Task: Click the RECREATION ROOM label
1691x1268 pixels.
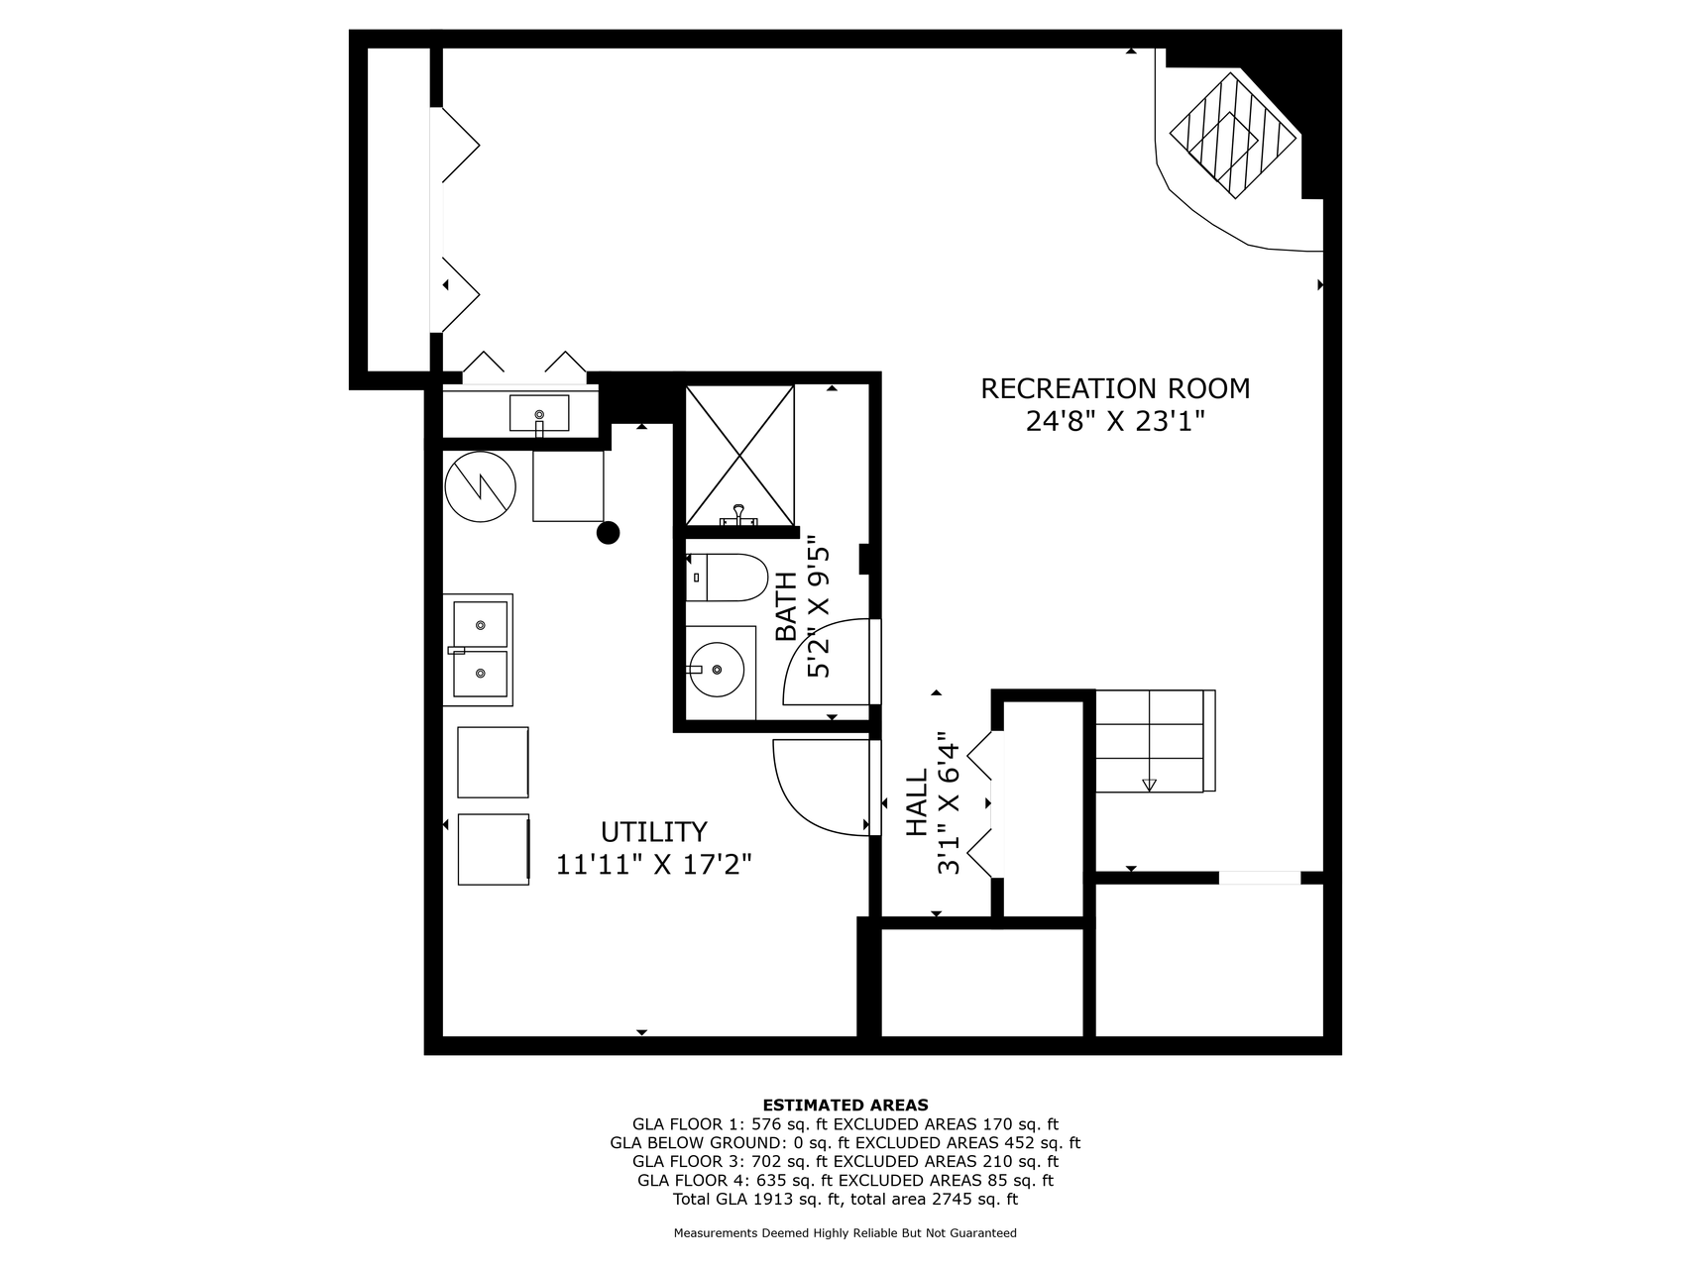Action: tap(1115, 388)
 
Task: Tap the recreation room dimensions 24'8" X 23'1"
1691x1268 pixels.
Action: tap(1115, 422)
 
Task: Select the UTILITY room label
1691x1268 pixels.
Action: tap(654, 831)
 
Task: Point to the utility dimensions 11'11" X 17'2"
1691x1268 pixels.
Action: tap(654, 865)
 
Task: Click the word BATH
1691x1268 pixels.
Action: tap(786, 606)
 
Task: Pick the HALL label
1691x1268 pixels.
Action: tap(918, 802)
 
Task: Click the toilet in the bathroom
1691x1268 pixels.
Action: tap(727, 578)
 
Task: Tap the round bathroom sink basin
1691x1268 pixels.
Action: tap(717, 669)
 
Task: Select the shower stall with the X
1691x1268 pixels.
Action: tap(740, 456)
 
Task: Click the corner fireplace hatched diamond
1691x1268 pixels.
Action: tap(1233, 135)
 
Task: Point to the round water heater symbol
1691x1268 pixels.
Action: tap(481, 486)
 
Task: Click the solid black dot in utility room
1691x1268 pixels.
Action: tap(608, 533)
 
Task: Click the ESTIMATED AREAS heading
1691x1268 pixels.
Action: tap(845, 1106)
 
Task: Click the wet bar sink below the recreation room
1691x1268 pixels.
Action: tap(539, 413)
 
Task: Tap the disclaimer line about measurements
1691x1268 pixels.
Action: tap(845, 1233)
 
